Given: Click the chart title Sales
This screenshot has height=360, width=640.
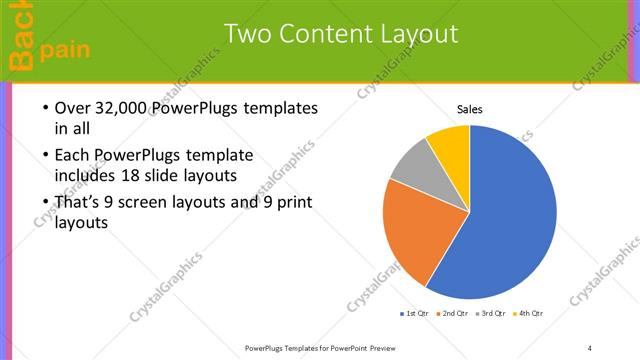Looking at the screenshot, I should (x=470, y=108).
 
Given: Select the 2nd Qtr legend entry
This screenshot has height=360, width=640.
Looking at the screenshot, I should (x=454, y=314).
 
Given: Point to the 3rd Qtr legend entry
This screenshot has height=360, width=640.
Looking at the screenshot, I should (x=492, y=314).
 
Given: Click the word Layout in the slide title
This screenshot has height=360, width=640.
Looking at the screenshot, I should (x=410, y=34).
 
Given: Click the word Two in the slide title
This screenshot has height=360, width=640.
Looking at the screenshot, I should (x=244, y=34).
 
